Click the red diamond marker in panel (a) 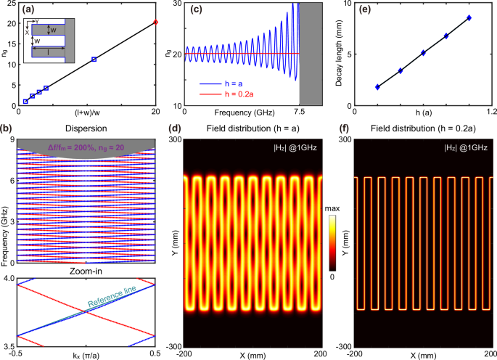[x=155, y=22]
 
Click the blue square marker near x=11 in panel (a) [x=94, y=60]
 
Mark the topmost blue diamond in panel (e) [x=469, y=17]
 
